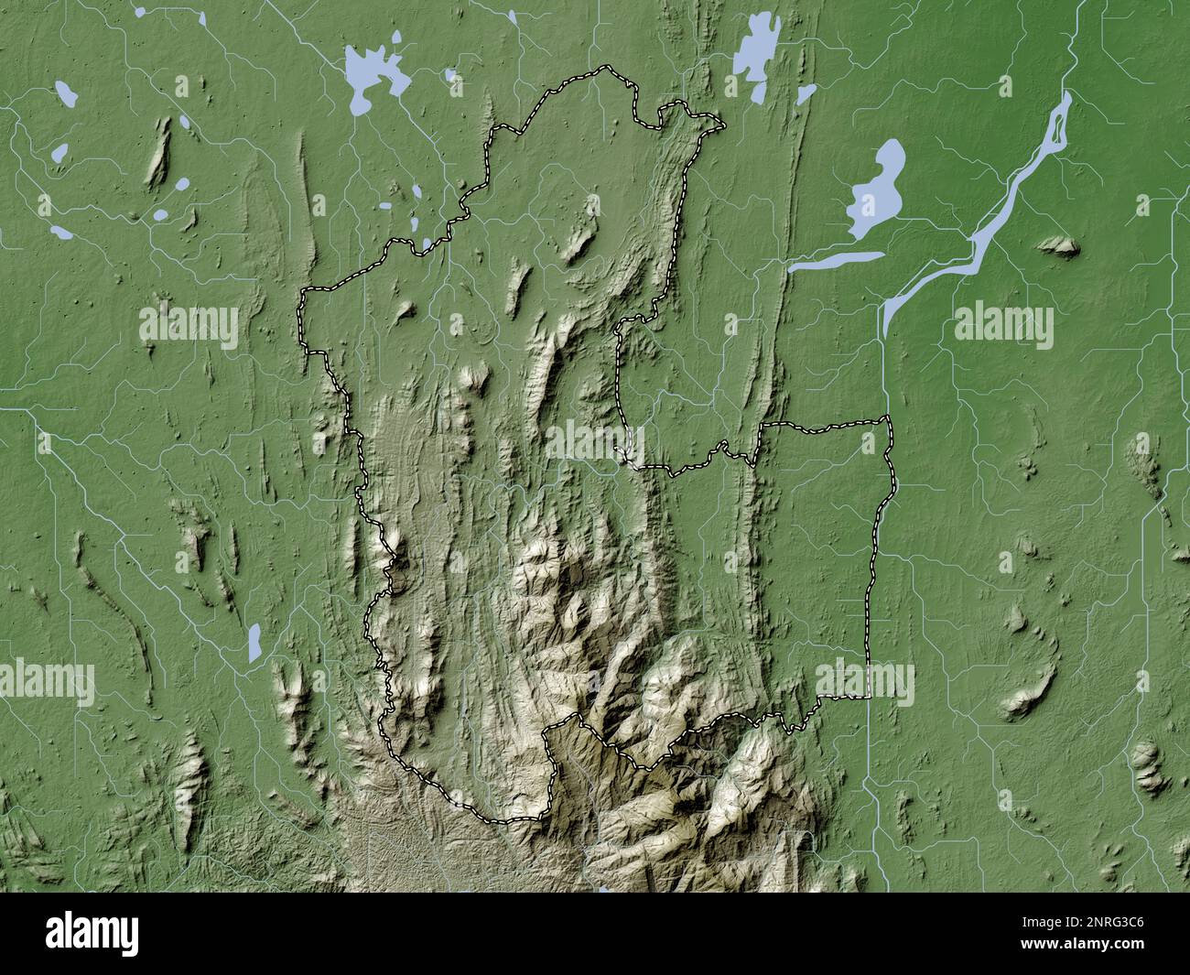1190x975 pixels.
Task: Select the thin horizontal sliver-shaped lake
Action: (835, 262)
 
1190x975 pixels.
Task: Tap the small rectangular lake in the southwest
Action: (254, 643)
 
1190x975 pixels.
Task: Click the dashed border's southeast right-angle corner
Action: (868, 698)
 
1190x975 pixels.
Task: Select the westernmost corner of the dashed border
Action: (301, 291)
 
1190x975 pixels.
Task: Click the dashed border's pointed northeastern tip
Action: (721, 123)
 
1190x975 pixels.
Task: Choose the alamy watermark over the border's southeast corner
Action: (864, 682)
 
